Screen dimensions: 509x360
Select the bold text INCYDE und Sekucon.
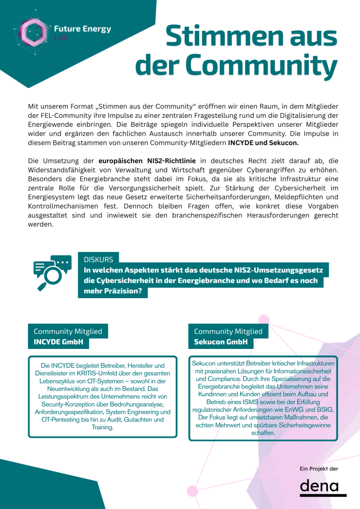pos(264,143)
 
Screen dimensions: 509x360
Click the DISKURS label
pos(98,259)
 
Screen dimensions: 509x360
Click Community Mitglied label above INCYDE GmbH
pos(68,331)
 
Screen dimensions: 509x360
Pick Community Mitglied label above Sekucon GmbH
pos(228,331)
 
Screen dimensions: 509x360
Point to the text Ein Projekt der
pos(319,469)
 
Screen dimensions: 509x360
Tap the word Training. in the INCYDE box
pos(102,427)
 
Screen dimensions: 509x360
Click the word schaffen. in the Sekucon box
pos(263,433)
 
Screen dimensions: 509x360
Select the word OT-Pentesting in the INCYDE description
pos(61,420)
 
